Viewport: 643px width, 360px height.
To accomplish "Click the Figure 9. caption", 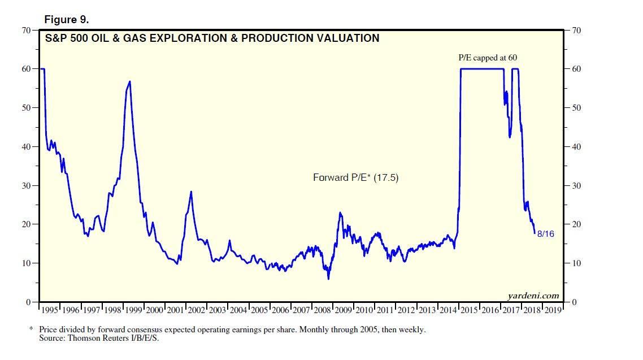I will coord(66,20).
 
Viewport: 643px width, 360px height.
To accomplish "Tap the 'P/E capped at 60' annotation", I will coord(487,58).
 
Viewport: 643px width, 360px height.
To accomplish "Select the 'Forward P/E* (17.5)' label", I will coord(356,177).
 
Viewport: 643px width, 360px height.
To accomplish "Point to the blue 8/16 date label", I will coord(545,233).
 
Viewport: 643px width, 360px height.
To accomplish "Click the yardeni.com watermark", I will coord(534,295).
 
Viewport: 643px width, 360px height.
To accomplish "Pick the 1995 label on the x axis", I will coord(50,310).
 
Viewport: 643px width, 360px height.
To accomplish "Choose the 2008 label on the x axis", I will coord(323,310).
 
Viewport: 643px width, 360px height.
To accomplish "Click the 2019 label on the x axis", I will coord(553,310).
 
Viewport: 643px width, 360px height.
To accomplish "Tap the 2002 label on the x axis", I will coord(197,310).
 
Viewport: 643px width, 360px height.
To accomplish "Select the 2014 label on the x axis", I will coord(449,310).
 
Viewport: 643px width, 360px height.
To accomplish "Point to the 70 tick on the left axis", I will coord(26,30).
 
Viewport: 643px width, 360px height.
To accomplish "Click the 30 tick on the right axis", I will coord(576,185).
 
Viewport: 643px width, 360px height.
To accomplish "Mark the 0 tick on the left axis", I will coord(28,302).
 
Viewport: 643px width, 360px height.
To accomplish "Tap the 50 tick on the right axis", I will coord(576,108).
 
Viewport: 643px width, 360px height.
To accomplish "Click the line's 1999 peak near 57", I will coord(130,81).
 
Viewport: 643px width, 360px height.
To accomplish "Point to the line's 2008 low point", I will coord(328,279).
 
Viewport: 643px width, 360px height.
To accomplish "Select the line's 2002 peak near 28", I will coord(191,192).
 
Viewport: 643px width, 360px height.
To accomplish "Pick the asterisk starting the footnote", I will coord(31,328).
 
